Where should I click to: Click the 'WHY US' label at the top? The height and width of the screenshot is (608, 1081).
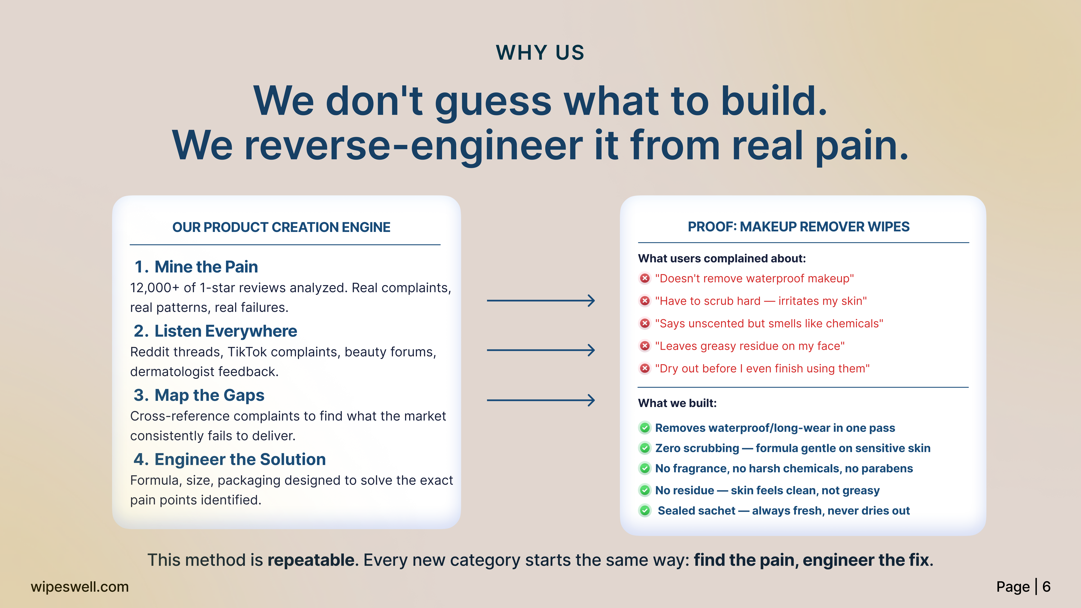pos(540,53)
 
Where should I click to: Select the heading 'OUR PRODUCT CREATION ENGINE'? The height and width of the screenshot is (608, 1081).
pos(281,227)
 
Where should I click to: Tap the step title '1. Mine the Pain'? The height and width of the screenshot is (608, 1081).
pos(196,267)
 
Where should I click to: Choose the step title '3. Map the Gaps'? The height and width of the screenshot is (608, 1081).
pos(199,395)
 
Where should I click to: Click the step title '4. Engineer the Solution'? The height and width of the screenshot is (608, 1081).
pos(230,459)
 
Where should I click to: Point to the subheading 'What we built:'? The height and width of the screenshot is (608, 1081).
pos(677,403)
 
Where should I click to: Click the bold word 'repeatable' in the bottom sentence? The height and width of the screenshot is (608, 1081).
pos(311,560)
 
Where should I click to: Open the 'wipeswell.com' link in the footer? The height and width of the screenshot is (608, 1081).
pos(80,587)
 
